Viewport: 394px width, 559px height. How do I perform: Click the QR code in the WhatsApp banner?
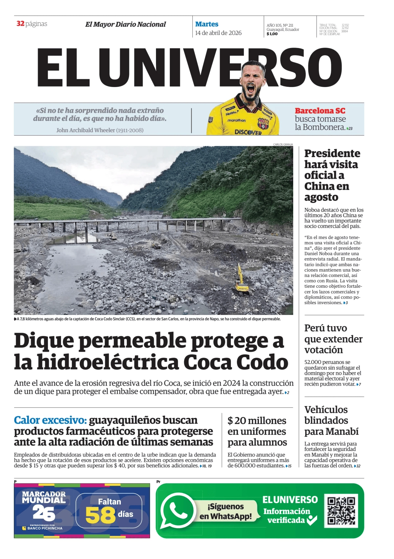coord(341,510)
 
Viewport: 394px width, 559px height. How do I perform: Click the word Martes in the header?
coord(207,24)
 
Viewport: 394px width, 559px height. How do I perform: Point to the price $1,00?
coord(272,34)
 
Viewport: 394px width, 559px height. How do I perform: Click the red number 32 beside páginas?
coord(20,24)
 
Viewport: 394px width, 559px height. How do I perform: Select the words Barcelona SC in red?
coord(320,111)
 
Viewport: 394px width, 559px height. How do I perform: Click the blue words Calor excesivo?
coord(50,420)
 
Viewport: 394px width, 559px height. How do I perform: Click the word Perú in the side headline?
coord(315,328)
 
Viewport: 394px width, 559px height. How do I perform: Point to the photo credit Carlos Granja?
coord(283,145)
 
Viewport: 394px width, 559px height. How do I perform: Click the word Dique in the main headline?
coord(44,341)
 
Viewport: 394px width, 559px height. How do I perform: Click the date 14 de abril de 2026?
coord(218,33)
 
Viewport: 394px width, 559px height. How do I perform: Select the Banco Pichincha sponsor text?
coord(45,528)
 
